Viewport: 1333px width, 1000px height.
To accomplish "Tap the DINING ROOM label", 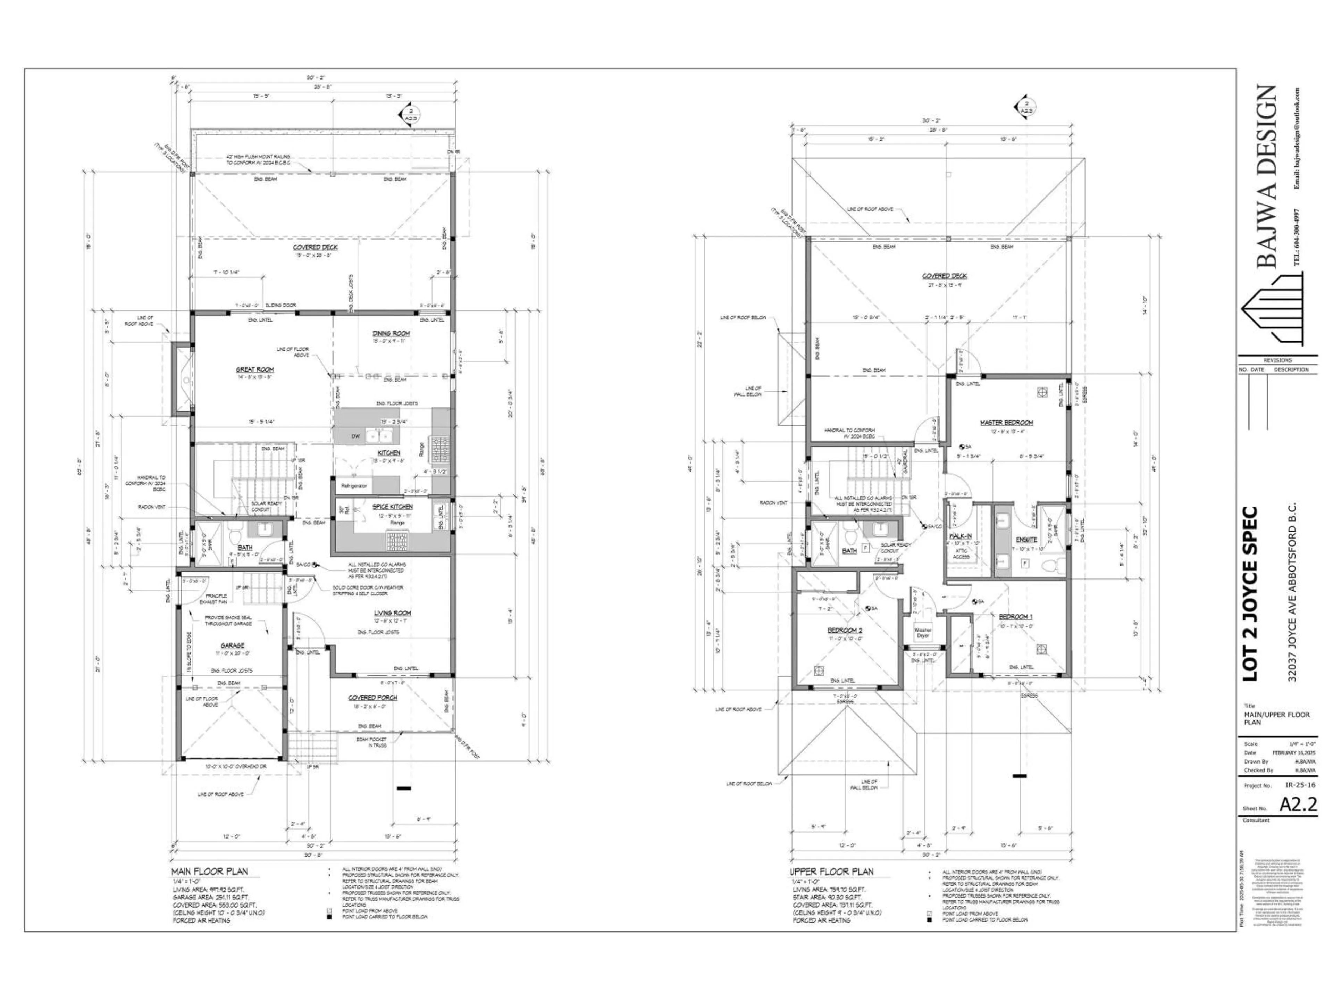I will (x=391, y=333).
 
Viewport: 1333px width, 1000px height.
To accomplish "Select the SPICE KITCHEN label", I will (x=392, y=507).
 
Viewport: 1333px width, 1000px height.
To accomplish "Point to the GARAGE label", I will (x=232, y=645).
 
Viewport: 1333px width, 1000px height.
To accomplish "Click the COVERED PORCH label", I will (x=372, y=698).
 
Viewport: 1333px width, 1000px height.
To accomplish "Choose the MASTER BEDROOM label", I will (x=1006, y=423).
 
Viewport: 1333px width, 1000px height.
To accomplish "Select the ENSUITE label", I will (x=1026, y=540).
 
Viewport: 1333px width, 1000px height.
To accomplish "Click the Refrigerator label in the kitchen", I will (x=354, y=485).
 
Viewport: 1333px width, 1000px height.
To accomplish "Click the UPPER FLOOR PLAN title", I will (x=832, y=872).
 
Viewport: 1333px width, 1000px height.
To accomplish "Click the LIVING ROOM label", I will (x=392, y=613).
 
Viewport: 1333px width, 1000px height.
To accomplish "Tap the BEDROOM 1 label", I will (x=1015, y=617).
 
